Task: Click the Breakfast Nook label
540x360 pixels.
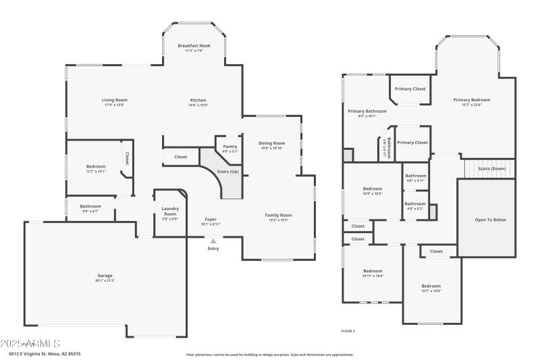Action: click(194, 45)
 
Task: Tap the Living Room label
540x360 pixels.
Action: click(115, 100)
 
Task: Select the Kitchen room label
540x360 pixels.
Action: click(198, 100)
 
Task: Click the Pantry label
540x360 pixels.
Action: click(230, 147)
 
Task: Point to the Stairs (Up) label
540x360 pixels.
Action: click(227, 172)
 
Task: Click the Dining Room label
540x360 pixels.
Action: click(272, 143)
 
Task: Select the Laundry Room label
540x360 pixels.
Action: click(169, 211)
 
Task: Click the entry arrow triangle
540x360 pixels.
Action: click(213, 241)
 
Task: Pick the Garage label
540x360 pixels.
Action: click(105, 276)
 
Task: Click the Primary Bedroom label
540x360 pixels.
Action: click(471, 100)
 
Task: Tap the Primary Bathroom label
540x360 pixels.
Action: click(367, 111)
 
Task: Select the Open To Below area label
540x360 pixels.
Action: click(490, 220)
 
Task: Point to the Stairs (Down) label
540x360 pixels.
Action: click(491, 168)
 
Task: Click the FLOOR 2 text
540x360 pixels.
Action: click(348, 331)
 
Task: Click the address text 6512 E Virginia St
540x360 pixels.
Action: click(45, 353)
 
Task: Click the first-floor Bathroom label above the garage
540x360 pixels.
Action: click(90, 206)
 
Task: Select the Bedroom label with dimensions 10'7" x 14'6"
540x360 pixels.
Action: click(431, 286)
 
